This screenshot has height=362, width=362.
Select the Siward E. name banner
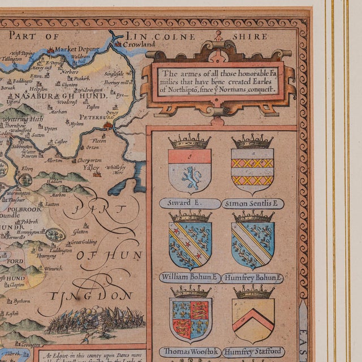click(189, 204)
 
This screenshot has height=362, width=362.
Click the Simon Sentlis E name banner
click(252, 204)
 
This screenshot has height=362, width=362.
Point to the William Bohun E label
click(189, 278)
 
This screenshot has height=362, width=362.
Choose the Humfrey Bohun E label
click(252, 278)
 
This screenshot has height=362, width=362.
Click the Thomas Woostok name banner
click(189, 352)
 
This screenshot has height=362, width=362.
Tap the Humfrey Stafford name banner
click(252, 352)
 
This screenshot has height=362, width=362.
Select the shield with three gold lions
click(191, 321)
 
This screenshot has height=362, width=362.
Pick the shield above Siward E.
click(189, 170)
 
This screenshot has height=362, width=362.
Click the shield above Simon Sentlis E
click(252, 170)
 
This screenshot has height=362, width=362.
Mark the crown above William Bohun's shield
click(190, 216)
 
